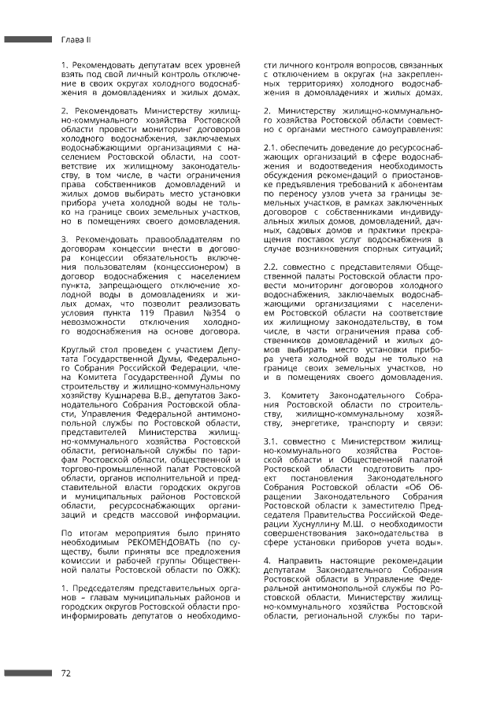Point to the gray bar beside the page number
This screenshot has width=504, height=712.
28,673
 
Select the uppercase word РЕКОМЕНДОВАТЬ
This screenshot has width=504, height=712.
167,542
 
